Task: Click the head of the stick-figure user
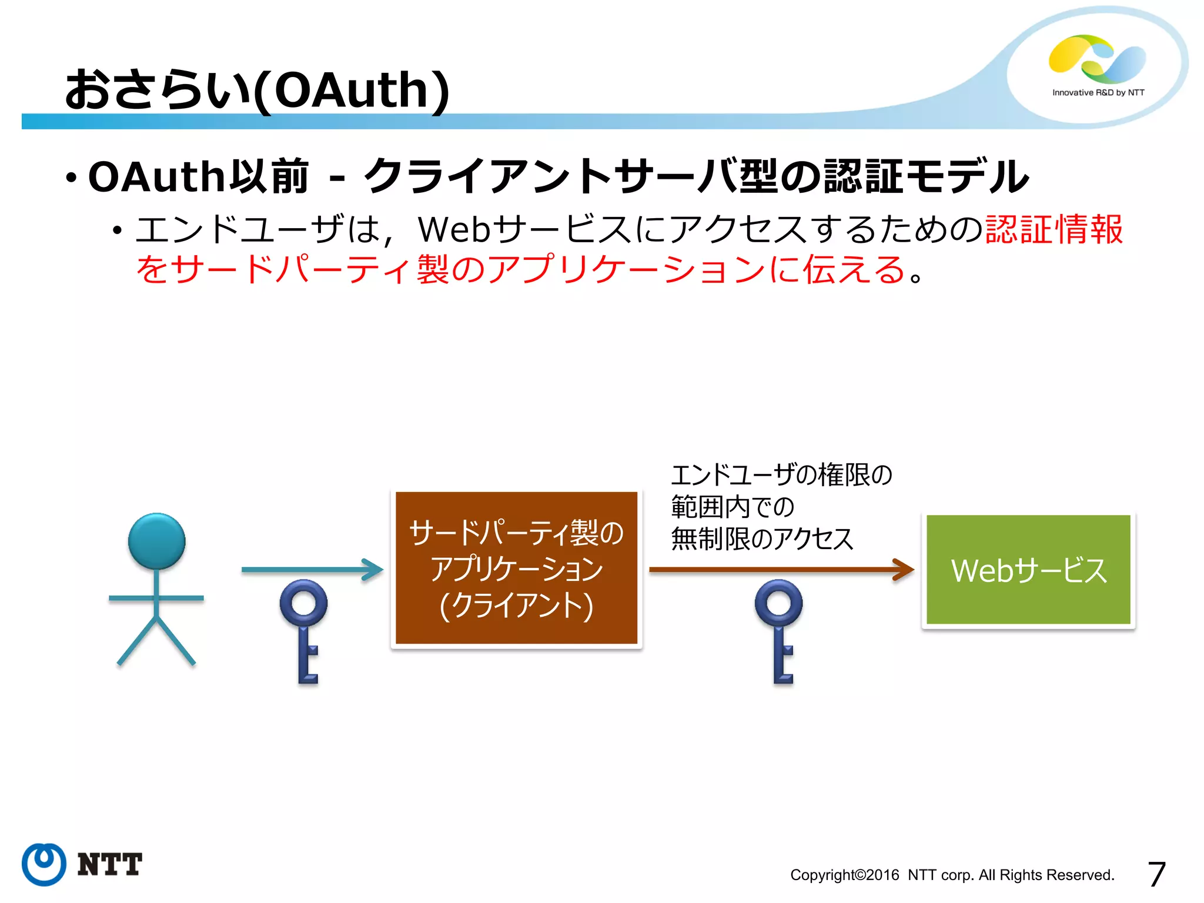click(x=156, y=541)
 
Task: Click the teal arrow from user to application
click(x=312, y=569)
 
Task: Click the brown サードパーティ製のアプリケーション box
click(x=516, y=567)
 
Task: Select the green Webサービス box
click(x=1028, y=569)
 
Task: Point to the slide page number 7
click(x=1156, y=874)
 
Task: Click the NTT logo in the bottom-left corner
click(x=82, y=864)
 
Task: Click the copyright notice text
click(x=952, y=875)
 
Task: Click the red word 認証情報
click(x=1053, y=229)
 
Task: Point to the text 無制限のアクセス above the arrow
click(x=762, y=539)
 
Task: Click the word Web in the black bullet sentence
click(x=454, y=229)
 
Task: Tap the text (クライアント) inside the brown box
click(x=516, y=606)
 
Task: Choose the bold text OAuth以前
click(x=198, y=176)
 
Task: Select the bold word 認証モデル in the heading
click(x=926, y=176)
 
